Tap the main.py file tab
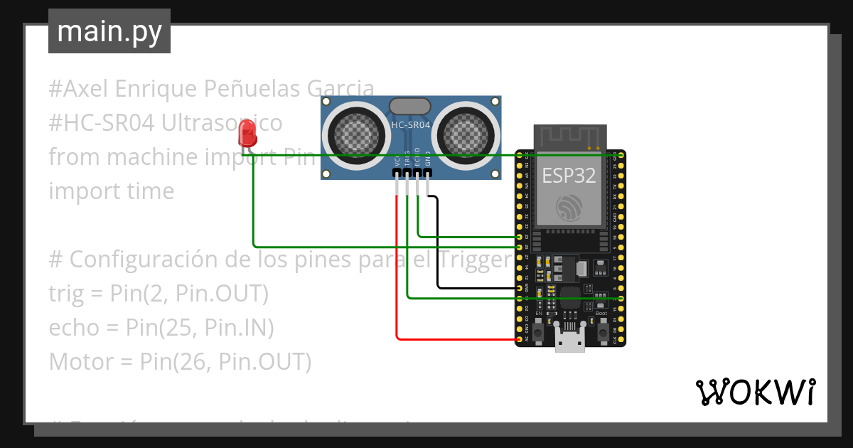click(109, 31)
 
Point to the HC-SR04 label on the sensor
click(411, 125)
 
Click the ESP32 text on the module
click(569, 176)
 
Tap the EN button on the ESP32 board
click(539, 331)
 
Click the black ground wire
click(438, 249)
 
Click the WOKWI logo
click(755, 392)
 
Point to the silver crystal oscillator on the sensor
click(410, 105)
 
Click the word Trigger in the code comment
click(474, 260)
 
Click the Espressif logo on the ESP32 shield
click(569, 207)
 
